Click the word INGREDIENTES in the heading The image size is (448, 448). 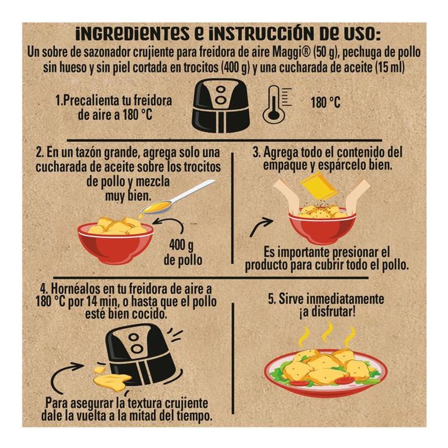click(x=133, y=34)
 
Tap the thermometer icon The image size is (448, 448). click(x=277, y=105)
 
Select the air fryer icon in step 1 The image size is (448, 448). click(x=220, y=106)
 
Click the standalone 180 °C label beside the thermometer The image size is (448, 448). click(x=326, y=102)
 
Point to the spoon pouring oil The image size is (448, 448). click(x=178, y=197)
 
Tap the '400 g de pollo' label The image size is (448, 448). click(x=183, y=253)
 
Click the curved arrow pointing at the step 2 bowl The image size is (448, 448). click(x=170, y=228)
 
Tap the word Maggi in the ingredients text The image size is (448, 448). click(x=292, y=53)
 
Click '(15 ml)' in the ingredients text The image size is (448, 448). click(x=390, y=68)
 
